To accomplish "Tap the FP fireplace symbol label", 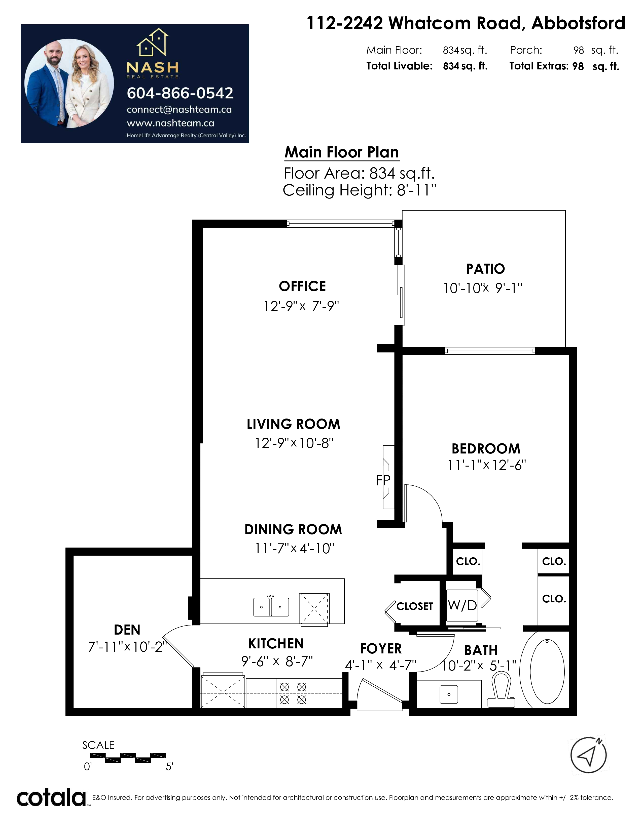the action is point(383,481).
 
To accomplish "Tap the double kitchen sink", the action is point(271,607).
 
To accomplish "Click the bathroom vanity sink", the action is point(449,694).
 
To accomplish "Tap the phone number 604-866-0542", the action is point(180,93).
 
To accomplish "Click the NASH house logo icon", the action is point(153,42).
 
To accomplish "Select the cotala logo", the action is point(52,798).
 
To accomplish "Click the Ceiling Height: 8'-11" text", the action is point(360,190).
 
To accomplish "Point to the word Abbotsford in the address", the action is point(578,24).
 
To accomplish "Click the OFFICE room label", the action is point(302,286).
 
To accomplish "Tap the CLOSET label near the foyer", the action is point(415,606).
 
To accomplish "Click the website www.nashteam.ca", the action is point(170,123).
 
